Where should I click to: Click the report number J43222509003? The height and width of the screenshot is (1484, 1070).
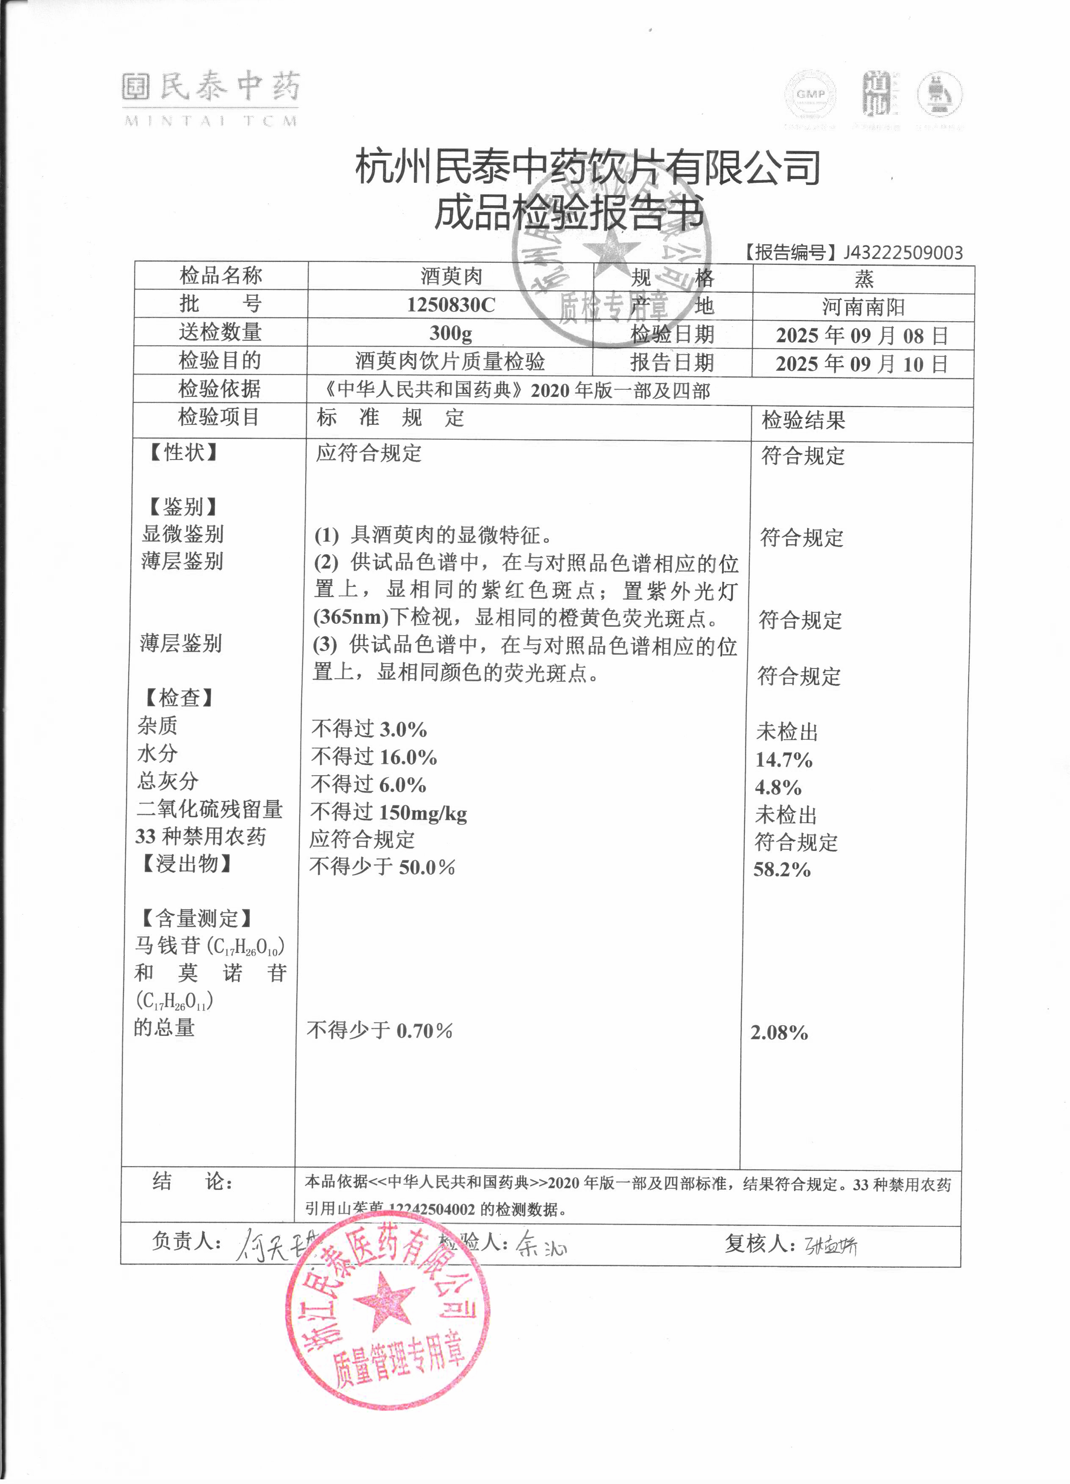(903, 253)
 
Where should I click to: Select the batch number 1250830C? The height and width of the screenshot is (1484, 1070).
(451, 305)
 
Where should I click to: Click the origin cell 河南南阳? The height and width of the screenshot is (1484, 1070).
(863, 307)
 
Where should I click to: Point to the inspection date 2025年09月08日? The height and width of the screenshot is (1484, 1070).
(862, 336)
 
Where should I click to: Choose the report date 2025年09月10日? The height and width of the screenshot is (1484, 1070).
(862, 364)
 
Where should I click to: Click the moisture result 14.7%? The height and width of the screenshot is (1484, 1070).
(784, 760)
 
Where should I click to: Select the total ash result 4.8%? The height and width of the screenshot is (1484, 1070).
(778, 787)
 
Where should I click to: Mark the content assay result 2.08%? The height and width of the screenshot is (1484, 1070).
(779, 1032)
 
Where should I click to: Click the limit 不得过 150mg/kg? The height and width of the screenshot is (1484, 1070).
(389, 812)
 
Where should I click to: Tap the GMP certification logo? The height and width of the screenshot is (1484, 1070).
(811, 95)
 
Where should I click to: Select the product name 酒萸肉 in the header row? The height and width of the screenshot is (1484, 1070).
(451, 276)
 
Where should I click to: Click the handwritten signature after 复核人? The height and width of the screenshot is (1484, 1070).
(831, 1246)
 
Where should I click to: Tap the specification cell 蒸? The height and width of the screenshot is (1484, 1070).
(863, 279)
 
